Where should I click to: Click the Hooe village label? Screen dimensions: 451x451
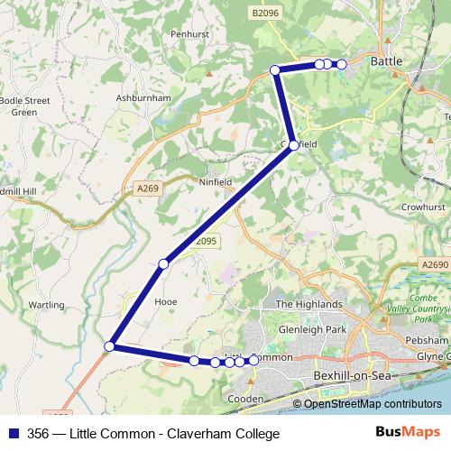(x=167, y=302)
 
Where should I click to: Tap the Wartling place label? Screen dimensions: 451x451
(x=46, y=306)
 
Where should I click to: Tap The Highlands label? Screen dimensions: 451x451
(x=308, y=304)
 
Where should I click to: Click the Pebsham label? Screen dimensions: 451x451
(x=428, y=340)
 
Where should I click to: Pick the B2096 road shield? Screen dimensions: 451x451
(x=265, y=14)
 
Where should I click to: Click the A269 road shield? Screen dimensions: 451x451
(x=148, y=188)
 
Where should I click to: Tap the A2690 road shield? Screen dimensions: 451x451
(x=433, y=265)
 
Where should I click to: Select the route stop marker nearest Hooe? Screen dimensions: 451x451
(x=163, y=264)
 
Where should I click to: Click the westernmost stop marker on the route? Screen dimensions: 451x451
(x=110, y=345)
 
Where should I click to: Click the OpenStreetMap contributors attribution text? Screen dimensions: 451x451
(x=373, y=404)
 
